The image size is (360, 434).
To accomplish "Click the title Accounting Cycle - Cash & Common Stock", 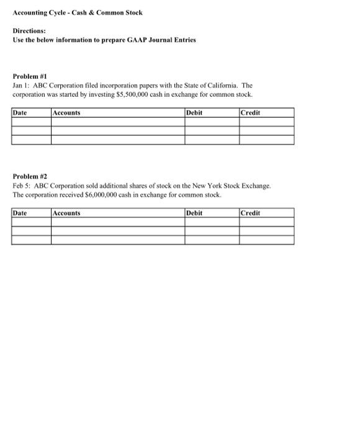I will coord(78,12).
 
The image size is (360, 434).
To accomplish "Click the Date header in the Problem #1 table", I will coord(20,113).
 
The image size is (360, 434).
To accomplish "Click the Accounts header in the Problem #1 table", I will coord(66,113).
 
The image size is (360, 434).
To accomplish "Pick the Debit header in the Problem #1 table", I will coord(194,113).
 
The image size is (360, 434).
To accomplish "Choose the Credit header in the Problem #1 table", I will coord(250,113).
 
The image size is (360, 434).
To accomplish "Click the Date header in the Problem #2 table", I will coord(20,213).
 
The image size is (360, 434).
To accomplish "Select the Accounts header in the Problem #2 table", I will coord(66,213).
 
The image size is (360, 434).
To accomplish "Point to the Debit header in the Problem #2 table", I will coord(194,213).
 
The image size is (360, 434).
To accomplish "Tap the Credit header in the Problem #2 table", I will coord(250,213).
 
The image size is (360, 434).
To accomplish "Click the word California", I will coord(222,85).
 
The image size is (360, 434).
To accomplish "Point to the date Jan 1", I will coord(20,85).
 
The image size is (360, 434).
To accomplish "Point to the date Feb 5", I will coord(21,185).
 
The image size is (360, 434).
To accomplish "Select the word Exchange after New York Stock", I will coord(254,185).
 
